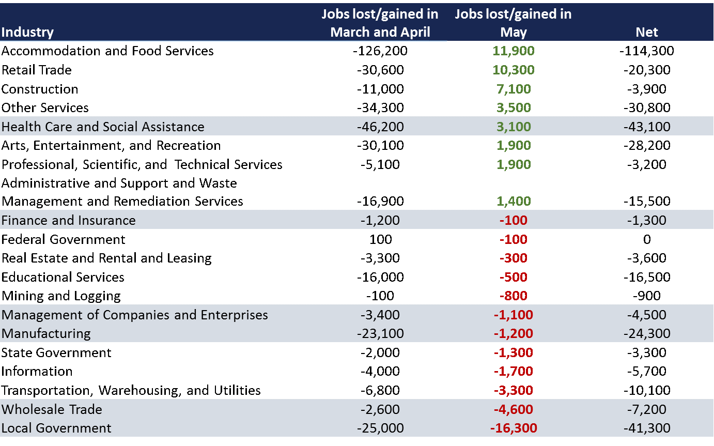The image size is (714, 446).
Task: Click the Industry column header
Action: click(27, 32)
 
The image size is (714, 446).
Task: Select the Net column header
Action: click(646, 32)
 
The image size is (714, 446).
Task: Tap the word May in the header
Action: click(514, 32)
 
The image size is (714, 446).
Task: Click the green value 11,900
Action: click(514, 51)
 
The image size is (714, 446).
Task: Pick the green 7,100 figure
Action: click(514, 89)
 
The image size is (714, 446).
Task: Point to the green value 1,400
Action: click(514, 201)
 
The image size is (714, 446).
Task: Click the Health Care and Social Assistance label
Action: click(103, 127)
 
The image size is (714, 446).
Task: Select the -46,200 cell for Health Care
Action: click(380, 127)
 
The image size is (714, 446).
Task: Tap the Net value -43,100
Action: click(646, 127)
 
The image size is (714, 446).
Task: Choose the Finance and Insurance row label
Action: click(68, 220)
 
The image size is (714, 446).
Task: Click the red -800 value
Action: click(514, 296)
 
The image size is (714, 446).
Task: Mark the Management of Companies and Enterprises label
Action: click(134, 315)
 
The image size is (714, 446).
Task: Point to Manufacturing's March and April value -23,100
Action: click(380, 333)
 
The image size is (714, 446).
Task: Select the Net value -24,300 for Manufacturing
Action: click(646, 333)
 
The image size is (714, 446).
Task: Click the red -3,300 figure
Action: click(514, 390)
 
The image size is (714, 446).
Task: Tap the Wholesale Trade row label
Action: click(52, 409)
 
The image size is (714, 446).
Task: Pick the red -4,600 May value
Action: click(514, 409)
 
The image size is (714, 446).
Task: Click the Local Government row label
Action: click(56, 428)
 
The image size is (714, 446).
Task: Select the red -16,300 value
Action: click(514, 428)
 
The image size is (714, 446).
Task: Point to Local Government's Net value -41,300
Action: click(646, 428)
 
